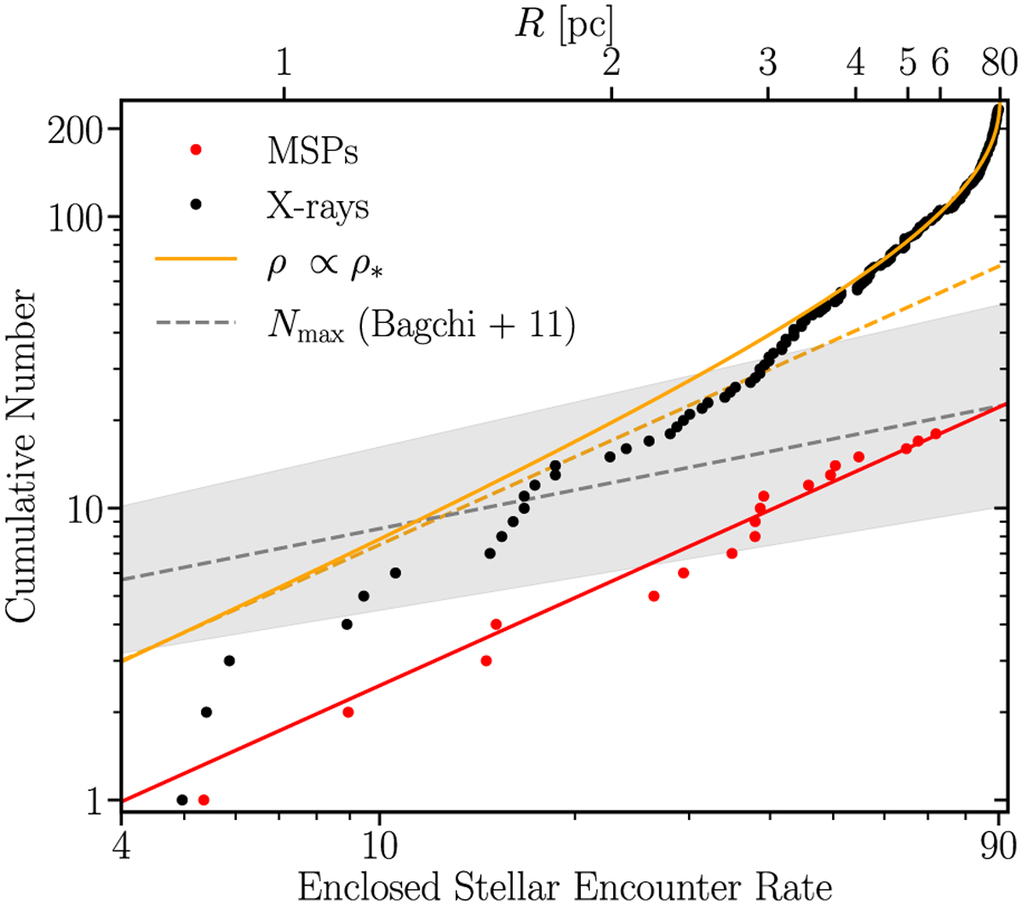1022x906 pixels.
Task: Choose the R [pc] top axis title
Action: coord(563,24)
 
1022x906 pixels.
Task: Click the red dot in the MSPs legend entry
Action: coord(197,151)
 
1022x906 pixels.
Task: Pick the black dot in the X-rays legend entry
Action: coord(197,204)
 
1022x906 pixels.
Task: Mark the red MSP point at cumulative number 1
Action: coord(204,800)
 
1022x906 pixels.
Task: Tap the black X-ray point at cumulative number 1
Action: coord(181,800)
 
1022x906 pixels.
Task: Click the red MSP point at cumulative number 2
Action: coord(347,712)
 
